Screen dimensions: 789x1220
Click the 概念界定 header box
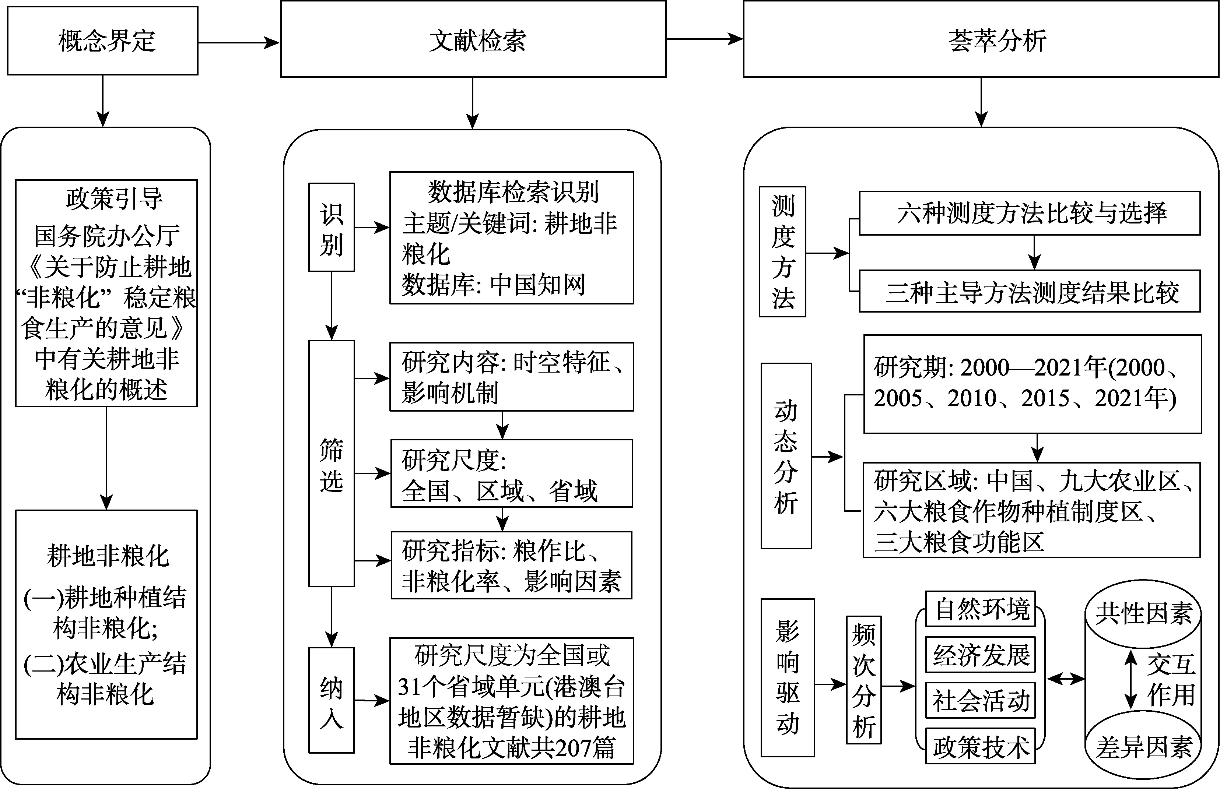(x=102, y=41)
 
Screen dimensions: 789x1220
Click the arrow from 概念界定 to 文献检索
(x=239, y=42)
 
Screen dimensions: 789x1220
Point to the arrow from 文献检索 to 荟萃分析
(x=704, y=38)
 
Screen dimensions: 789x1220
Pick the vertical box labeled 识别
(x=331, y=228)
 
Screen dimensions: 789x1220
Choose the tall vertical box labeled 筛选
(x=331, y=463)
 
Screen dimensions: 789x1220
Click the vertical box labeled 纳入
(x=331, y=700)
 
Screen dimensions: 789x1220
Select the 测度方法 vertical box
(x=782, y=251)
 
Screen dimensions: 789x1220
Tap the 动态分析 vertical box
(x=786, y=456)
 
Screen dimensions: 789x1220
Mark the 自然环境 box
(x=980, y=609)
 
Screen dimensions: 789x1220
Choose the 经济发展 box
(x=980, y=654)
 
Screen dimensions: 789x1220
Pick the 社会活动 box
(x=980, y=700)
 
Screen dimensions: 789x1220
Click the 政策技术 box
(x=980, y=746)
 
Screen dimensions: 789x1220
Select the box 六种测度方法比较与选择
(x=1029, y=213)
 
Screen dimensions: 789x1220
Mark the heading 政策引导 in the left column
(x=114, y=199)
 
